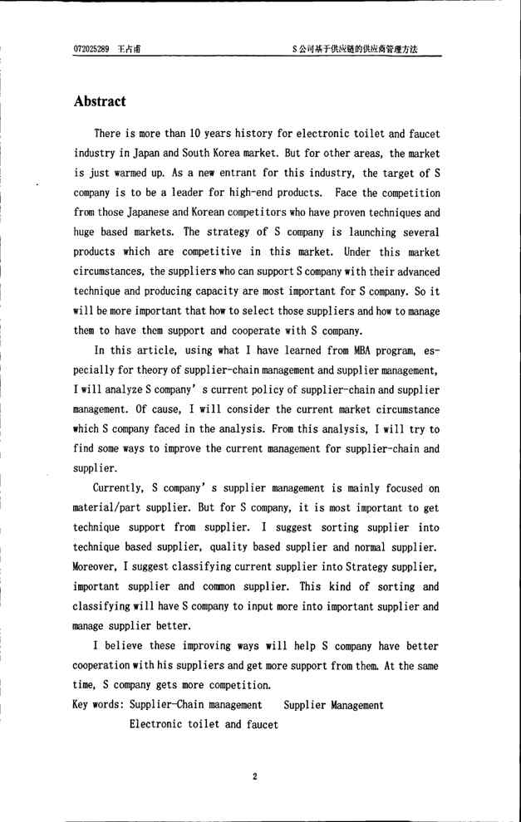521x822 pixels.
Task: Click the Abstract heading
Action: pyautogui.click(x=100, y=101)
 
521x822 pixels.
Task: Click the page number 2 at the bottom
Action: pyautogui.click(x=255, y=776)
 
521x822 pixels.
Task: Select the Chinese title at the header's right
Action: pyautogui.click(x=355, y=49)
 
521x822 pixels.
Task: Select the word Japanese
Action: pyautogui.click(x=161, y=213)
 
